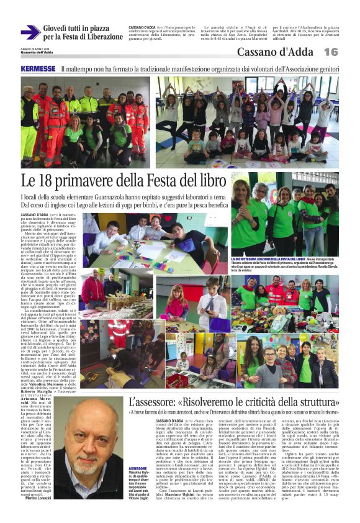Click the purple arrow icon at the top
[x=30, y=32]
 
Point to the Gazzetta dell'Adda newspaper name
[x=36, y=53]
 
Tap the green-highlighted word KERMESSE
[x=38, y=68]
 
